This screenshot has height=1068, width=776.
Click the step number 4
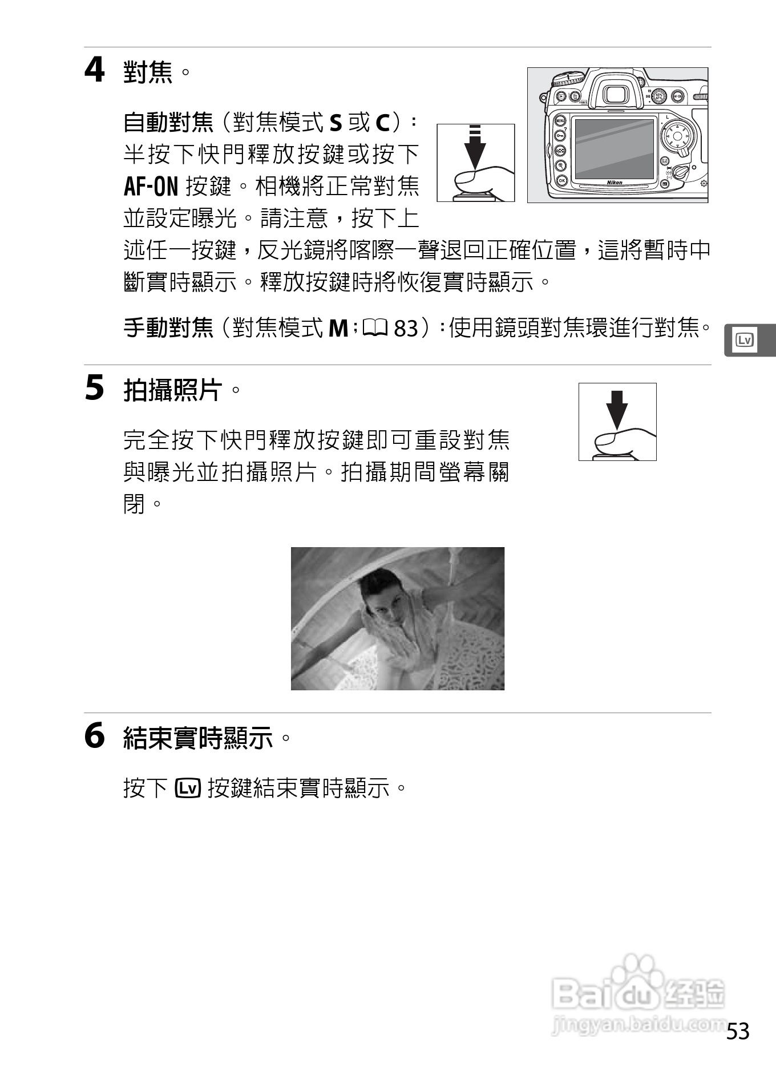pyautogui.click(x=95, y=71)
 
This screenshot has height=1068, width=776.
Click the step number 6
pyautogui.click(x=95, y=736)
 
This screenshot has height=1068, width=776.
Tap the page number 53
pyautogui.click(x=738, y=1031)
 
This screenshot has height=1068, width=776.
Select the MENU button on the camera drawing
pyautogui.click(x=560, y=121)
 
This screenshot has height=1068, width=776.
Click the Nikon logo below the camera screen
pyautogui.click(x=615, y=183)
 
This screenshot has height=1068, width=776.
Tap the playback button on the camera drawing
pyautogui.click(x=561, y=96)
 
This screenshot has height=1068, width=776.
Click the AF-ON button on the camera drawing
pyautogui.click(x=678, y=96)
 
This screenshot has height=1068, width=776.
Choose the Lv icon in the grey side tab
pyautogui.click(x=745, y=341)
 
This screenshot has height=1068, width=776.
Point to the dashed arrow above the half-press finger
pyautogui.click(x=475, y=145)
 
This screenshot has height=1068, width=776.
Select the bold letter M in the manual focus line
pyautogui.click(x=338, y=328)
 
